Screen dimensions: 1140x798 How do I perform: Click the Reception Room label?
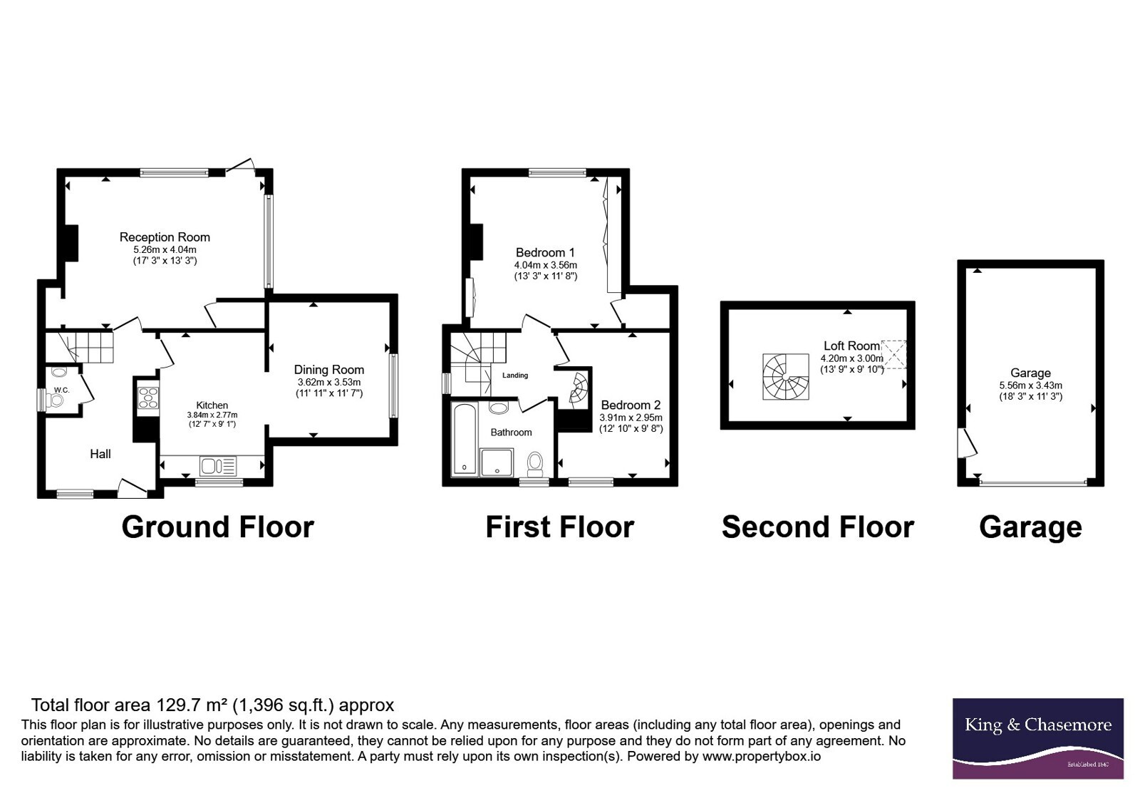165,237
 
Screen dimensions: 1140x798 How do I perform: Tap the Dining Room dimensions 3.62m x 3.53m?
328,382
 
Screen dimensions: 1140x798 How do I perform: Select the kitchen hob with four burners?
148,398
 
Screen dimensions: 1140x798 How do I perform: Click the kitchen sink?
218,466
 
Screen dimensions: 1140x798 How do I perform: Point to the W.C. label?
61,390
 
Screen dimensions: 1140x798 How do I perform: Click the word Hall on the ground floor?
100,454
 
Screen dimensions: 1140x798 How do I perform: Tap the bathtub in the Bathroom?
464,439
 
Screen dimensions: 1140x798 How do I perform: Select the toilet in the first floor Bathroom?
535,463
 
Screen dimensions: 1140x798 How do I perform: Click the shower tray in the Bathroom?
497,462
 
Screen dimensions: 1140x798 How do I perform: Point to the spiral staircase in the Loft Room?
785,377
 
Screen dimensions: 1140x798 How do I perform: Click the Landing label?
515,375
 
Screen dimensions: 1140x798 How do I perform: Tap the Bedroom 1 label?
545,252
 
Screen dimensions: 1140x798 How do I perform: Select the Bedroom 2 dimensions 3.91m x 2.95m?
631,418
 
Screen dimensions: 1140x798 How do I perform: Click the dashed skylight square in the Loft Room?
894,354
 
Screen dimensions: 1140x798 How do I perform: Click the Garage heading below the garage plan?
1030,527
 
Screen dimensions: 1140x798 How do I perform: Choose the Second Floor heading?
818,527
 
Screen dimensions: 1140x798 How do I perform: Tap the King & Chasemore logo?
1037,738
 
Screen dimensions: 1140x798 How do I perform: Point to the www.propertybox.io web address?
762,756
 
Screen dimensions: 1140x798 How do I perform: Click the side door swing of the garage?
967,442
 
